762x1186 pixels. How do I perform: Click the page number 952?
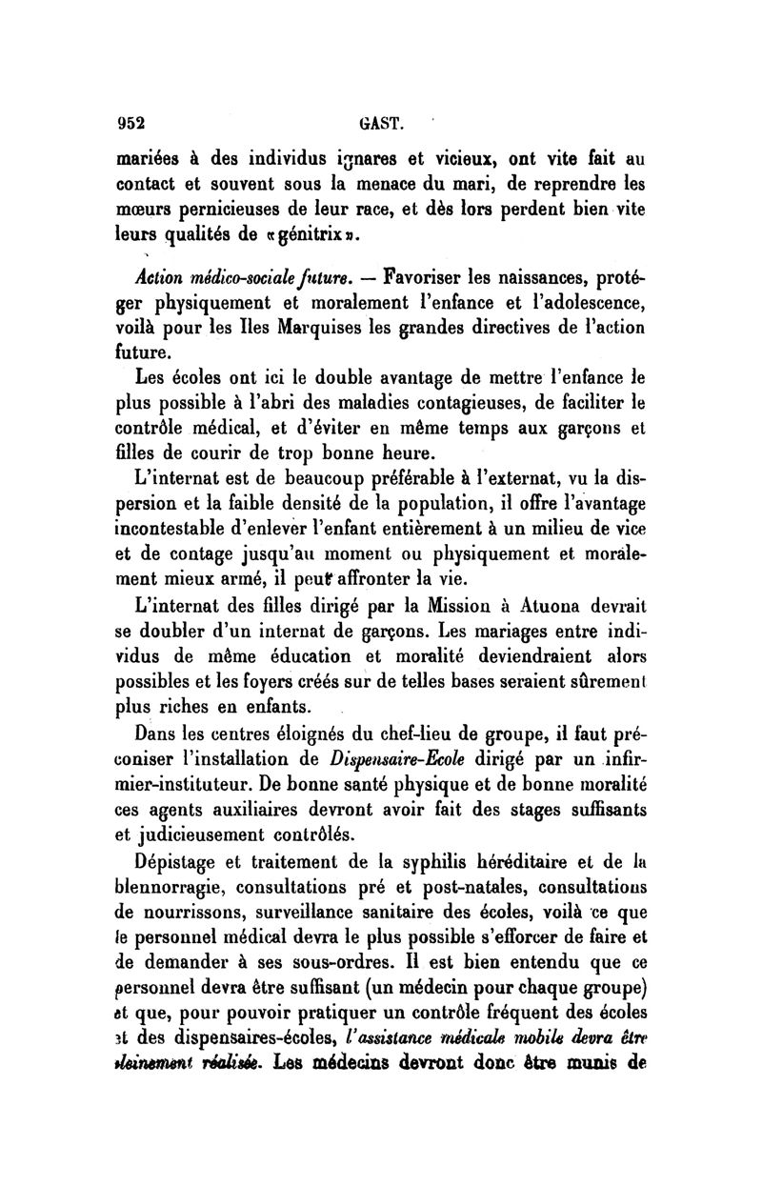pos(130,121)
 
